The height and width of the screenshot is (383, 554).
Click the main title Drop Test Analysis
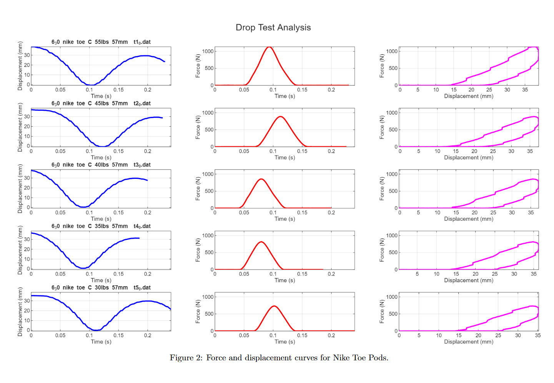[273, 28]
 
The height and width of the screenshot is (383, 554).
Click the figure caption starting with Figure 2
[279, 358]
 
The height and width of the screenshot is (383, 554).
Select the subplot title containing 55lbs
[101, 42]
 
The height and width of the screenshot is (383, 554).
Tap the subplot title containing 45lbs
[101, 103]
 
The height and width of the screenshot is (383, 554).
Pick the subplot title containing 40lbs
[101, 165]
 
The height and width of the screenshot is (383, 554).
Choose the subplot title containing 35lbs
[101, 226]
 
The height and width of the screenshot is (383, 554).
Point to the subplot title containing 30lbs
[101, 288]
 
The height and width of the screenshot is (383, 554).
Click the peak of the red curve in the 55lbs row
[269, 47]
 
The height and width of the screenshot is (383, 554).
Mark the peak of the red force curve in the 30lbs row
[274, 306]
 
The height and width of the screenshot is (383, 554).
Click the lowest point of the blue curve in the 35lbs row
[83, 268]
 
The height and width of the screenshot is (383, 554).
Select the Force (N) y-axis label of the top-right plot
[382, 66]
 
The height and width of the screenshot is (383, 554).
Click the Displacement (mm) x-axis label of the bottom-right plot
[469, 341]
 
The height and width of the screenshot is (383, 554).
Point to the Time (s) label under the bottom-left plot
[101, 341]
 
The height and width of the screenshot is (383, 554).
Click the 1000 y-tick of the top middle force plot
[208, 51]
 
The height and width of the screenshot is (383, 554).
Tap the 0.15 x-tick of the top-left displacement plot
[118, 90]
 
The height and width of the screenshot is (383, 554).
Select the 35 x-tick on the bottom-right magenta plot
[537, 335]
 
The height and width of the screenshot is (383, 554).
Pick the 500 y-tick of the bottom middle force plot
[209, 314]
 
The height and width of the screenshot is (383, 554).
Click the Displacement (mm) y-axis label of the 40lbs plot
[20, 189]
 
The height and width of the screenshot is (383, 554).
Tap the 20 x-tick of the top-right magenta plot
[471, 90]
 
